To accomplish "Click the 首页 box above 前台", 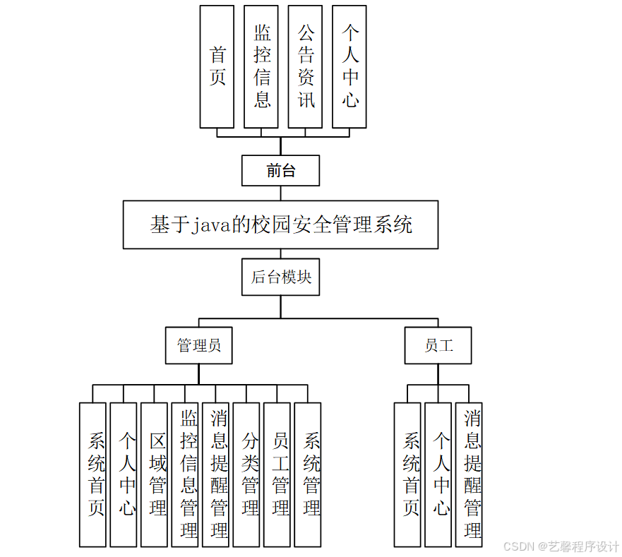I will (x=217, y=67).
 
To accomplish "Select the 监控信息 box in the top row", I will (x=261, y=67).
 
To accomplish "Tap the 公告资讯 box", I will (x=305, y=67).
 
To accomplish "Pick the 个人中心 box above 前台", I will (x=349, y=67).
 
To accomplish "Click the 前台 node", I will (x=281, y=171).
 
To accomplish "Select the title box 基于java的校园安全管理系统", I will (x=280, y=224).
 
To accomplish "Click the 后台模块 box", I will (x=281, y=277).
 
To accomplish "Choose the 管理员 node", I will (x=199, y=345).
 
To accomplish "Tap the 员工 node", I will (x=438, y=345).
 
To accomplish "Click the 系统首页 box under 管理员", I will (x=92, y=474).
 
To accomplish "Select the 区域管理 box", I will (x=154, y=474).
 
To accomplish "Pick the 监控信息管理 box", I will (x=185, y=474).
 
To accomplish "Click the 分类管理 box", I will (x=246, y=474).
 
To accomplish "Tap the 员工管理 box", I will (x=277, y=474).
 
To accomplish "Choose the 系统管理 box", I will (x=308, y=474).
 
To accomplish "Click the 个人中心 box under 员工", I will (x=438, y=474).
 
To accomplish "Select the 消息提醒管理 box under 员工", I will (x=469, y=474).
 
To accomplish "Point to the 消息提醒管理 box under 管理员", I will (x=215, y=474).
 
